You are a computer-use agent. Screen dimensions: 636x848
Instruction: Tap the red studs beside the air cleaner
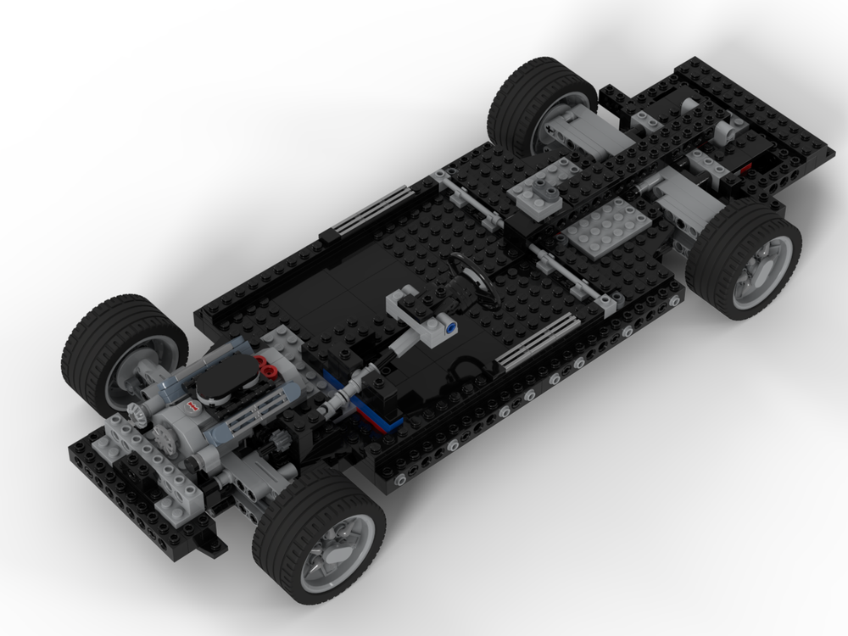pyautogui.click(x=267, y=366)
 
